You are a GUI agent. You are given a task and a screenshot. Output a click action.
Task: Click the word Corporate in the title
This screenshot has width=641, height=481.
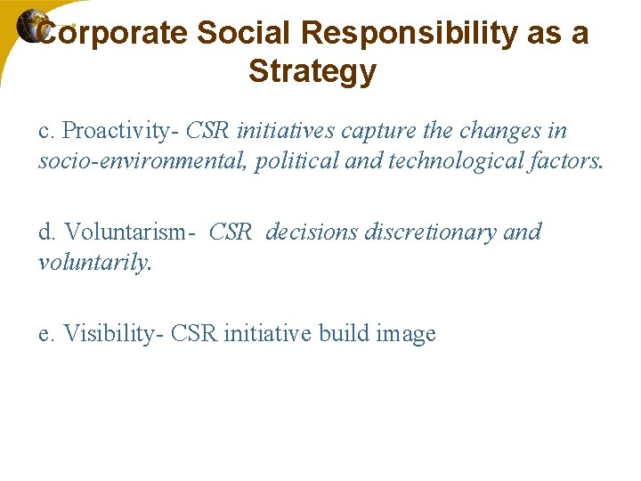point(114,34)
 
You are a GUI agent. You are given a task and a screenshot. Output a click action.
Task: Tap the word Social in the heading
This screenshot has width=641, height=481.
point(244,34)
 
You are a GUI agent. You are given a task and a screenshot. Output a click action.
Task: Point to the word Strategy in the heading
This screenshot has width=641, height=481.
point(312,71)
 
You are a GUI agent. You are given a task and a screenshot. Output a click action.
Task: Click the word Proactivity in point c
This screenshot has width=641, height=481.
point(121,131)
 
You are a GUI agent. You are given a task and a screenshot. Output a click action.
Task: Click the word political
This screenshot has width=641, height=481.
point(293,161)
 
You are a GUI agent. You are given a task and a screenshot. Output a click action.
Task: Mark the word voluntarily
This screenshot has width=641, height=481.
point(94,263)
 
